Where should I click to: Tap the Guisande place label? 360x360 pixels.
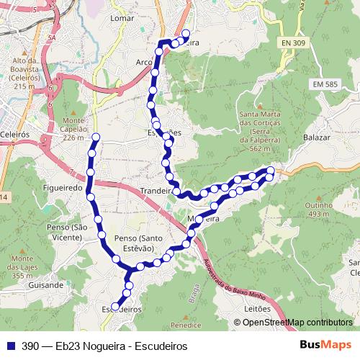(45, 285)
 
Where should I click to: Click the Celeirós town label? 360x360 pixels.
(14, 134)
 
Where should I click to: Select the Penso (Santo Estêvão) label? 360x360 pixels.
(135, 243)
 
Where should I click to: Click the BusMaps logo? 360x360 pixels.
(325, 345)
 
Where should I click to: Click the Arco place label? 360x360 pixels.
(144, 63)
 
